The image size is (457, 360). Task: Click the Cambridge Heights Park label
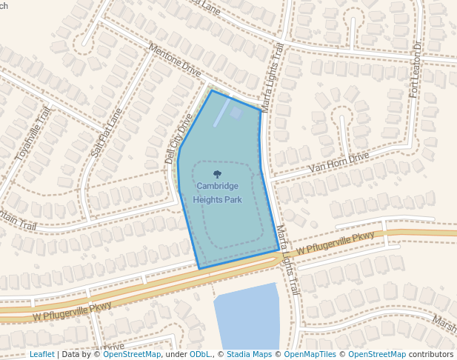[217, 192]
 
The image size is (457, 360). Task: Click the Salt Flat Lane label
[106, 133]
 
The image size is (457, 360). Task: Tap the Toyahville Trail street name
[32, 133]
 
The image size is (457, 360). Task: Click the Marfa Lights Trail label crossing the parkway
[287, 259]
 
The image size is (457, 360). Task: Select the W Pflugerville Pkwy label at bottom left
[72, 312]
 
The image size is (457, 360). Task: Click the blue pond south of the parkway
[247, 317]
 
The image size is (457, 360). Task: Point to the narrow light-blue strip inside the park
[221, 113]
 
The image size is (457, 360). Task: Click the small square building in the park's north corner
[236, 113]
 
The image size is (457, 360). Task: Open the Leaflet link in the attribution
[41, 354]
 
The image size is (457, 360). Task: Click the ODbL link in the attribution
[200, 354]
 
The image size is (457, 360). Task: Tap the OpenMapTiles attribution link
[310, 354]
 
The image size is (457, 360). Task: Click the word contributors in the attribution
[431, 354]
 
